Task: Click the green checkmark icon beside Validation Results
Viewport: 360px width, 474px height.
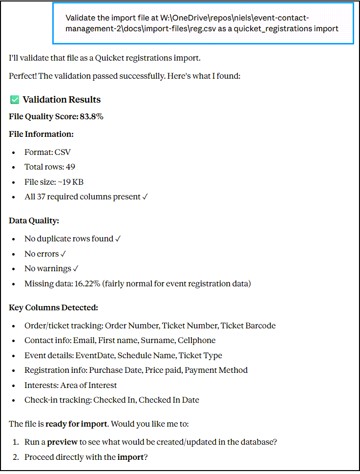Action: tap(14, 100)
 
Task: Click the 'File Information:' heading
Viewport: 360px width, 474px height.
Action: tap(41, 134)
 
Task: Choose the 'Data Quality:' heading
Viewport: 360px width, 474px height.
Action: tap(34, 220)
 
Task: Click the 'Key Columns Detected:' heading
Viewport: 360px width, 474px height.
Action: tap(53, 307)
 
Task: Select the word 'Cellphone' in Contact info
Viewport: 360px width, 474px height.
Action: tap(196, 340)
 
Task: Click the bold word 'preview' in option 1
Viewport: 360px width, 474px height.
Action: tap(62, 442)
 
